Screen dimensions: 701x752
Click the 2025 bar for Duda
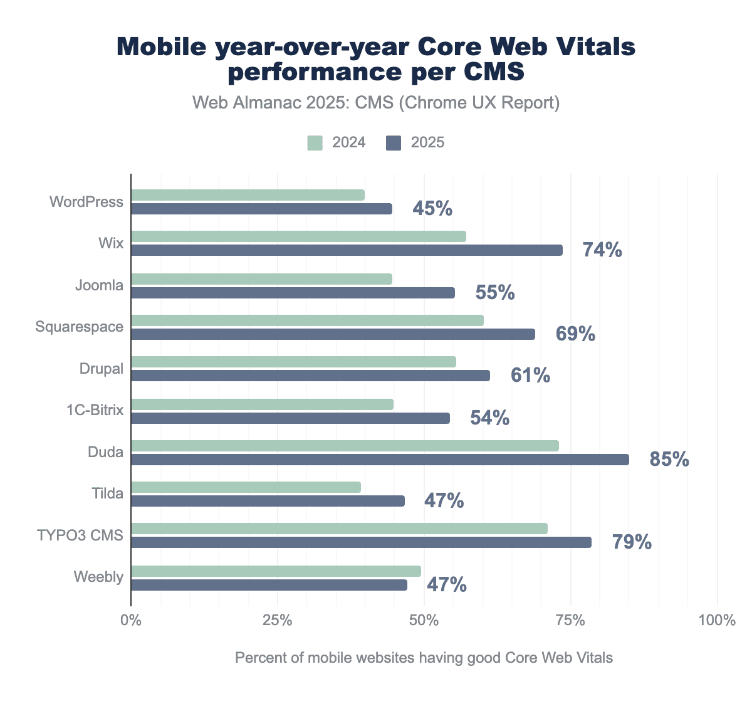coord(380,460)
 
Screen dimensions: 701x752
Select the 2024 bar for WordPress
coord(248,195)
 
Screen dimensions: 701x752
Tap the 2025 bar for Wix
coord(347,250)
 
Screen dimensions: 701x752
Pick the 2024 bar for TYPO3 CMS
coord(339,529)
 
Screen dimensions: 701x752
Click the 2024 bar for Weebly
coord(276,571)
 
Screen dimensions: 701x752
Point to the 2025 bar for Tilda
coord(268,501)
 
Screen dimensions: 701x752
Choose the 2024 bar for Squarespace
coord(307,320)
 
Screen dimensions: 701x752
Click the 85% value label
coord(669,460)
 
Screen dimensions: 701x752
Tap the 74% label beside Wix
coord(602,250)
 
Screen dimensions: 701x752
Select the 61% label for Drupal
coord(530,376)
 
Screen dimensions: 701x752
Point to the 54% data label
coord(489,418)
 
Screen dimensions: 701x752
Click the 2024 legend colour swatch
coord(315,143)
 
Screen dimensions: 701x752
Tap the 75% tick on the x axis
coord(571,621)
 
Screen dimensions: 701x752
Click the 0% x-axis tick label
coord(131,621)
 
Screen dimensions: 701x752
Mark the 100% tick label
coord(717,621)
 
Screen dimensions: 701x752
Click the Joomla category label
coord(99,285)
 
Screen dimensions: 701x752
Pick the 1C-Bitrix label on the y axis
coord(95,410)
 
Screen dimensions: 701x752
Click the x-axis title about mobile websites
coord(424,658)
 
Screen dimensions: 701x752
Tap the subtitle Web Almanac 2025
coord(376,103)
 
